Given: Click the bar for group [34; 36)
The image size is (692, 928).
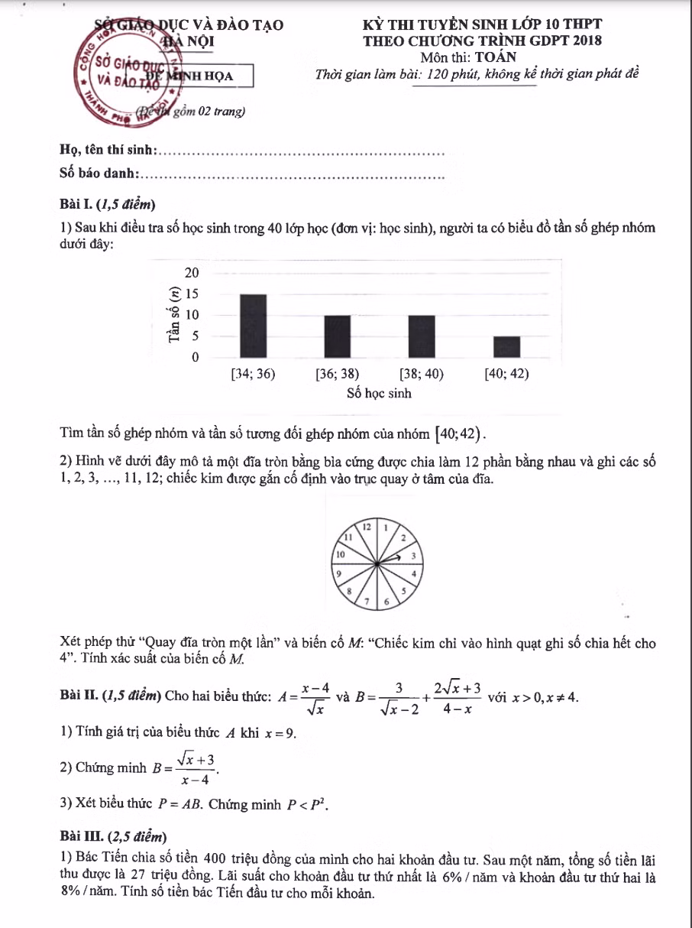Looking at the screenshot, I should [x=254, y=326].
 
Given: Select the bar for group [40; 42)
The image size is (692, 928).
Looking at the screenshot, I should [x=506, y=346].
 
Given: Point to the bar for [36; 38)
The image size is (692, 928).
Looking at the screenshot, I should [x=338, y=336].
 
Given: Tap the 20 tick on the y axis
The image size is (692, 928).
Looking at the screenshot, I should [x=192, y=274].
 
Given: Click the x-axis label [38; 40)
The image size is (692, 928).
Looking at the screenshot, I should [x=422, y=375].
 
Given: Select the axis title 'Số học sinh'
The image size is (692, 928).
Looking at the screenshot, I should [x=379, y=394].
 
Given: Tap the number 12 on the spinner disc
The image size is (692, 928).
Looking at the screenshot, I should [x=367, y=527].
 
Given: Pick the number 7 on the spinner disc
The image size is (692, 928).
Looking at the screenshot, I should [x=367, y=601].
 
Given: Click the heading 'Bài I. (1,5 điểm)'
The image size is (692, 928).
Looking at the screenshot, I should [x=108, y=204].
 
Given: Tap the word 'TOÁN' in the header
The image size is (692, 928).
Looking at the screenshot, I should [x=495, y=57].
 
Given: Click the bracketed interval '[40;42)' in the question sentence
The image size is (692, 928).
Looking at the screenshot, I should [x=458, y=434].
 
